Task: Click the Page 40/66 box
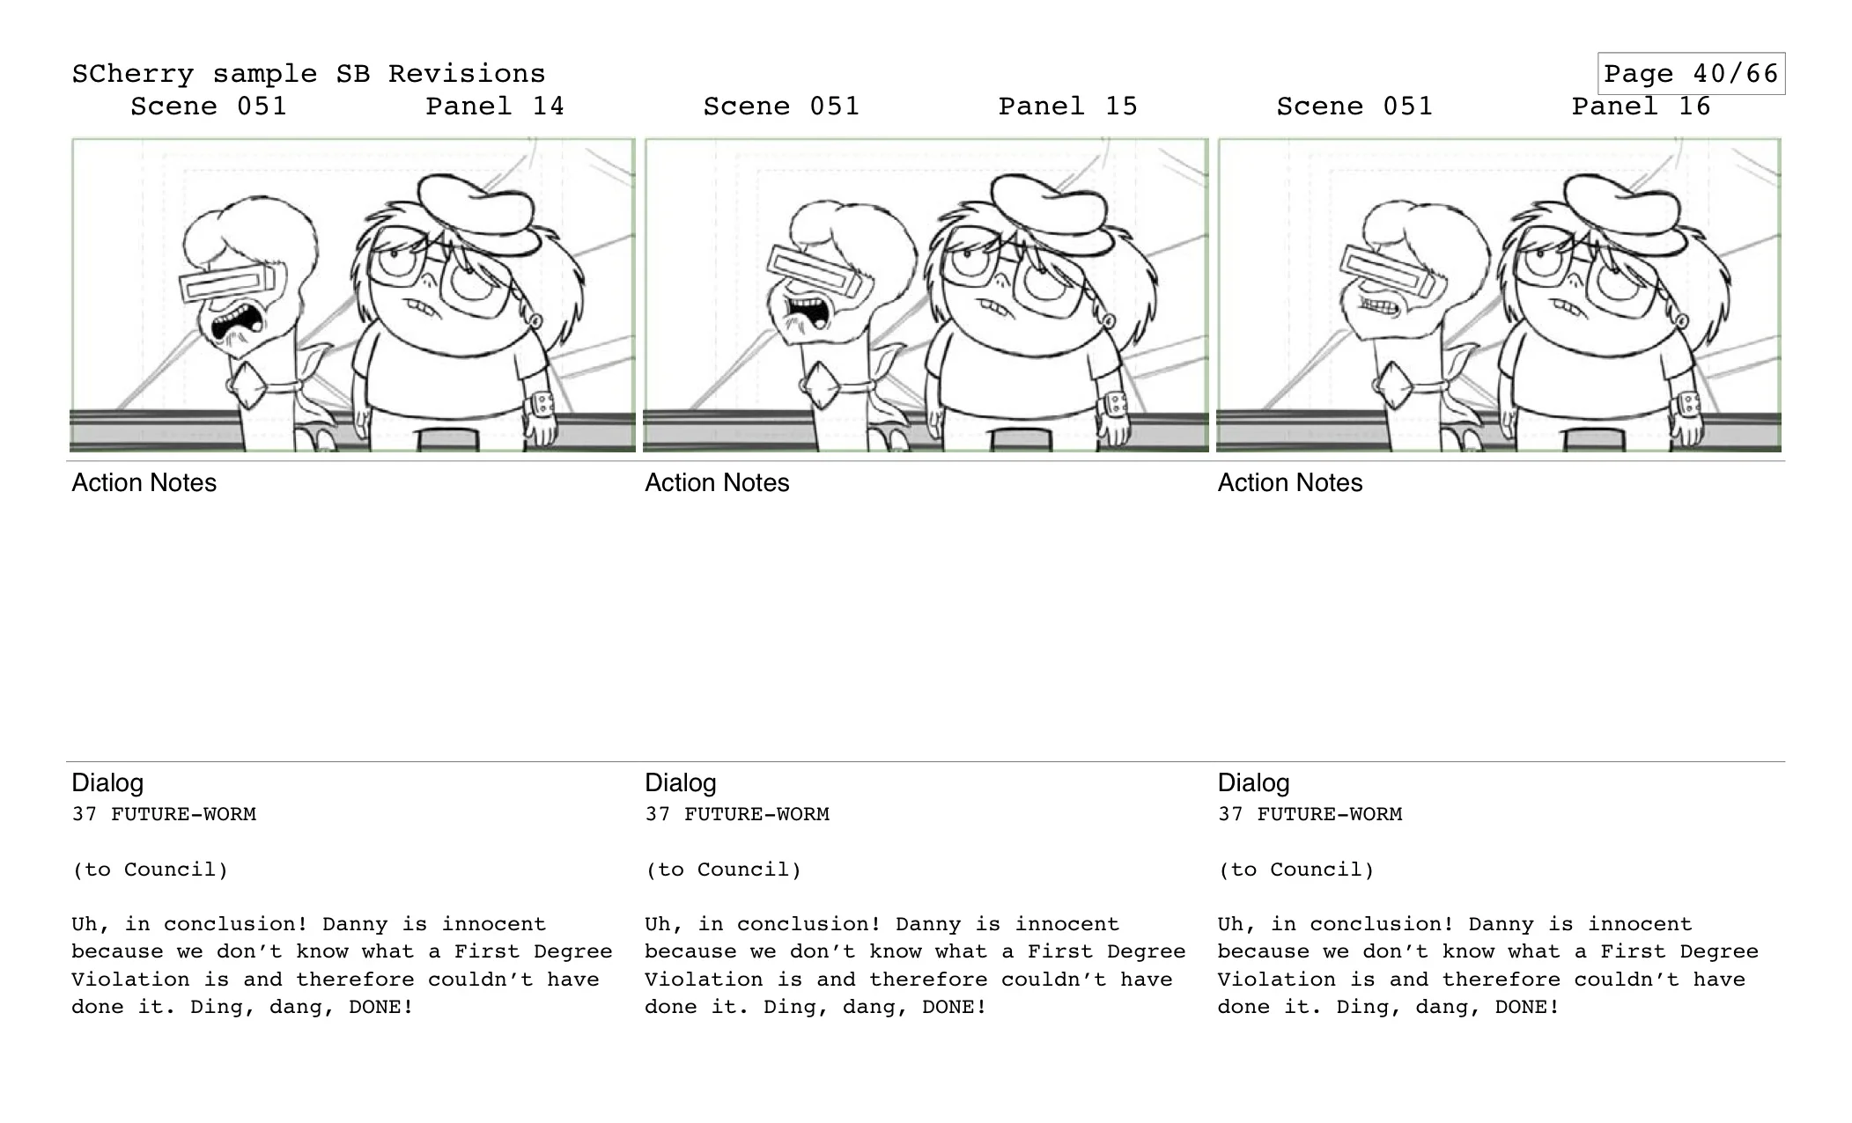[x=1691, y=74]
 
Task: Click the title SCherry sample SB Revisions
[x=308, y=74]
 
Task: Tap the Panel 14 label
[x=495, y=106]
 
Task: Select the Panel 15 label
[x=1067, y=106]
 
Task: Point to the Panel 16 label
[x=1641, y=106]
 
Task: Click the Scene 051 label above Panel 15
[x=781, y=106]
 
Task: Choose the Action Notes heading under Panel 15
[x=717, y=482]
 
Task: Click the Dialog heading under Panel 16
[x=1253, y=782]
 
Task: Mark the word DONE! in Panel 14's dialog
[x=381, y=1007]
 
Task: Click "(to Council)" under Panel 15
[x=723, y=870]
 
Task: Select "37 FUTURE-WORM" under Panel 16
[x=1310, y=814]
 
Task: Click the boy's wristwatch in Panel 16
[x=1689, y=406]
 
